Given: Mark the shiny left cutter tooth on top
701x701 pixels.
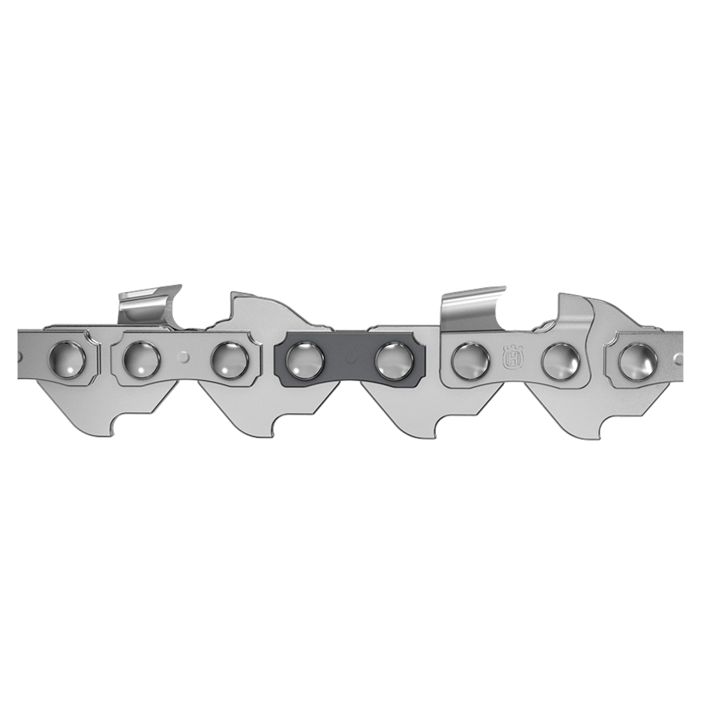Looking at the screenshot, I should pyautogui.click(x=146, y=304).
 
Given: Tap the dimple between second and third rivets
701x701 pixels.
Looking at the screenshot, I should pyautogui.click(x=185, y=355).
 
